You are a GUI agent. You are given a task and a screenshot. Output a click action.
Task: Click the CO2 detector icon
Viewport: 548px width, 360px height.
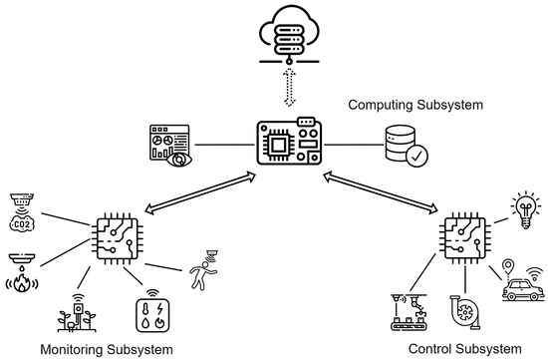[x=21, y=212]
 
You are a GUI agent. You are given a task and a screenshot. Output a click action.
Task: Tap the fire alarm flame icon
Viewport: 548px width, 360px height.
[x=22, y=273]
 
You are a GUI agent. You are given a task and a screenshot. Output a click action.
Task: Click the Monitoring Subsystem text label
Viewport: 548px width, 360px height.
[x=99, y=349]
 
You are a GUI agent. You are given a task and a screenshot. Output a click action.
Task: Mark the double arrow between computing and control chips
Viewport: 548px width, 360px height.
[x=381, y=190]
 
